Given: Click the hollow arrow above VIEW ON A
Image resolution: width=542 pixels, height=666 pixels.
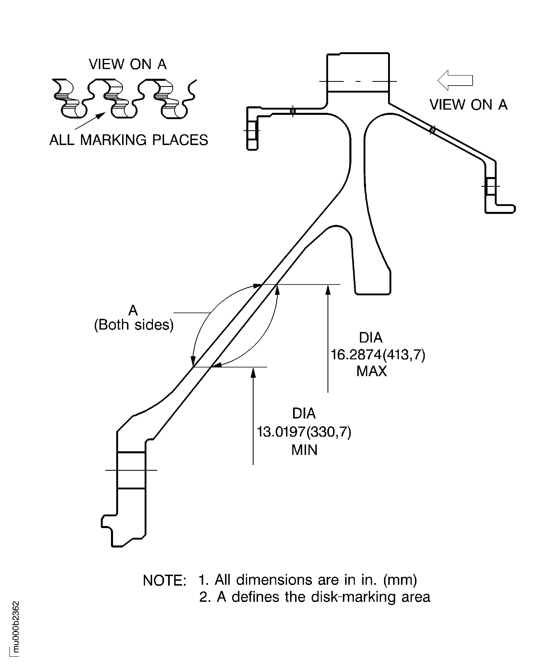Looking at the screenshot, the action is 455,80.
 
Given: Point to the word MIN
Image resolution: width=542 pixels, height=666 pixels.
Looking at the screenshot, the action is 304,450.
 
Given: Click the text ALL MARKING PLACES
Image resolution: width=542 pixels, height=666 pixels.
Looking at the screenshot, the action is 129,140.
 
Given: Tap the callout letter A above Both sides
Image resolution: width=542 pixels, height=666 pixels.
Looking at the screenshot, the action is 133,310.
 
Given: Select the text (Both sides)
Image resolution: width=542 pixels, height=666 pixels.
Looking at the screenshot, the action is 134,325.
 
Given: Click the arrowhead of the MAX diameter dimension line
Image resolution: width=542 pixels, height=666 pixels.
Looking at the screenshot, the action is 328,290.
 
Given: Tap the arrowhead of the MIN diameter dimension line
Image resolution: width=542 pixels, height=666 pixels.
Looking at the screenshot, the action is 253,372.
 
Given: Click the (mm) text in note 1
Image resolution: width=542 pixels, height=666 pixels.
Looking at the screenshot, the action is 400,580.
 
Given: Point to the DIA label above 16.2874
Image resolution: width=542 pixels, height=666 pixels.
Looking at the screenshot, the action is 371,337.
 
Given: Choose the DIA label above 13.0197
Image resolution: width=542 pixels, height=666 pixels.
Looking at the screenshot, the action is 304,413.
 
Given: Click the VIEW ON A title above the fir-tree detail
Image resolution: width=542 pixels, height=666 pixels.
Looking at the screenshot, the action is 128,64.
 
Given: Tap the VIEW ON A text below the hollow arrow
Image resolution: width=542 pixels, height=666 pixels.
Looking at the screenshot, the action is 468,105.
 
